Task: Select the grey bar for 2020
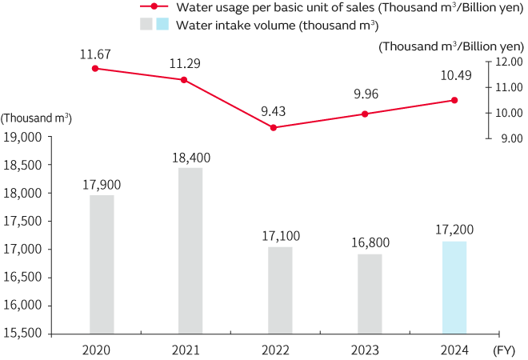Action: (x=102, y=264)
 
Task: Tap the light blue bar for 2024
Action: (x=454, y=287)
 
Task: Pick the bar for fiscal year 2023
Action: (x=370, y=294)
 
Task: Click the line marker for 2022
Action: (x=274, y=127)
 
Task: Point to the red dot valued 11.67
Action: (x=95, y=68)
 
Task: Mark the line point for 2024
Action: (x=454, y=100)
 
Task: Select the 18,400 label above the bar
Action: (x=190, y=158)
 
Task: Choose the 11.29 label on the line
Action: (x=184, y=62)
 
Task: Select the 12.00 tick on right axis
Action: (x=510, y=61)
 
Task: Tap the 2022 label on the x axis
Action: (x=277, y=349)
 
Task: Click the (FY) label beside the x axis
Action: (x=504, y=349)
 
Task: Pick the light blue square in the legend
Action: (x=162, y=25)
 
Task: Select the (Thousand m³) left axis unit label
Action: (x=37, y=118)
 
